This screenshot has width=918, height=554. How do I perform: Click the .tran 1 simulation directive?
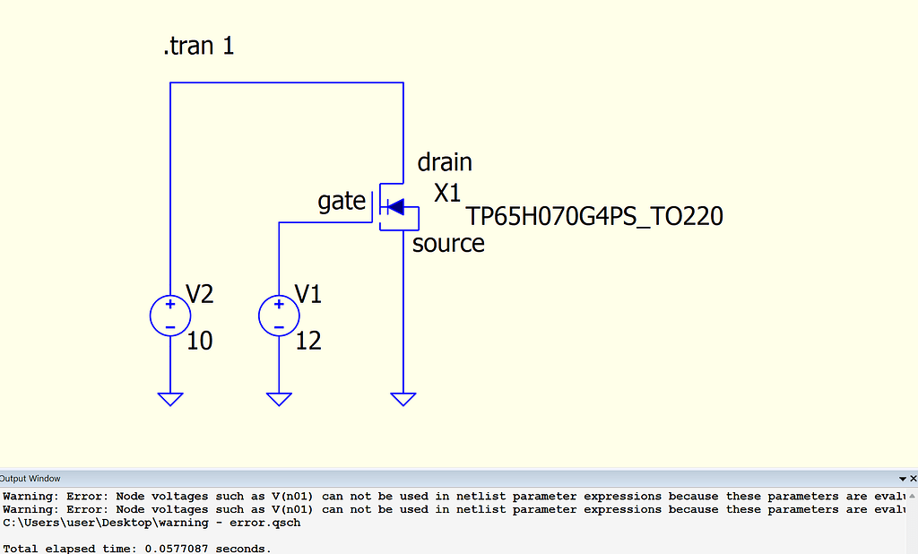(x=198, y=46)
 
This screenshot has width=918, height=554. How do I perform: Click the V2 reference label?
(x=200, y=293)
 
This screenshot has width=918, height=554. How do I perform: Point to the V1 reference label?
(x=308, y=293)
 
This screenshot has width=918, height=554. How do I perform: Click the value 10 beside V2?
(x=200, y=341)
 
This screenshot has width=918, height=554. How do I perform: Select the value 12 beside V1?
(x=308, y=341)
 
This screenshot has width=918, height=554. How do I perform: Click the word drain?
(x=445, y=162)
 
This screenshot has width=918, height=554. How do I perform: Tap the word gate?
(x=342, y=202)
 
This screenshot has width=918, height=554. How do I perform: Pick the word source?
(x=448, y=244)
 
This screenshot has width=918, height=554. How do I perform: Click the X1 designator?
(x=448, y=193)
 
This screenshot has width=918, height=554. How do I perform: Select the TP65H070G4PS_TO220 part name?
(x=595, y=217)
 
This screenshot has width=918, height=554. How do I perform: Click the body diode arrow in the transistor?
(x=395, y=207)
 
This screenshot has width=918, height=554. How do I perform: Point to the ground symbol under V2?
(x=170, y=399)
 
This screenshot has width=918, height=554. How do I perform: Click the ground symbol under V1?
(x=280, y=399)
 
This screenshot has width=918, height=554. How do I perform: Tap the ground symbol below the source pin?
(x=403, y=399)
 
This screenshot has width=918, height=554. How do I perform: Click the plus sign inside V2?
(x=170, y=304)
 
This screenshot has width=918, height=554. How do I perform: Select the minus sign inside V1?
(x=280, y=328)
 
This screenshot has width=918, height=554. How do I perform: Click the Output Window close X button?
(x=913, y=479)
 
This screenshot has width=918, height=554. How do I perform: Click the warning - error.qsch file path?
(x=152, y=523)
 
